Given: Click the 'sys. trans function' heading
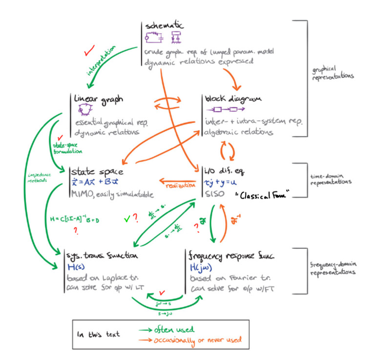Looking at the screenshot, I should click(102, 255).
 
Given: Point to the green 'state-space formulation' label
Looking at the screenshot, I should click(64, 147).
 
